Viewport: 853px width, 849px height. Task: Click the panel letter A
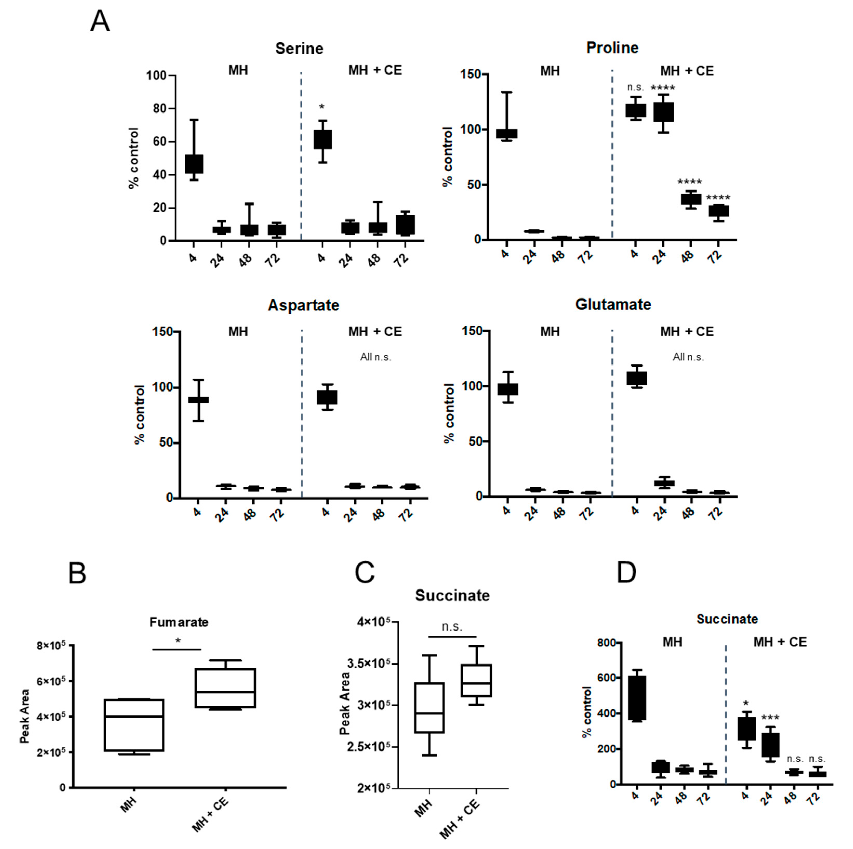pyautogui.click(x=100, y=21)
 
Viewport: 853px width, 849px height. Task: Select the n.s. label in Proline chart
pyautogui.click(x=635, y=87)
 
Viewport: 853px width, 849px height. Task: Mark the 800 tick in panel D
pyautogui.click(x=607, y=643)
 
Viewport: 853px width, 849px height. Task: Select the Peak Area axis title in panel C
pyautogui.click(x=345, y=704)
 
